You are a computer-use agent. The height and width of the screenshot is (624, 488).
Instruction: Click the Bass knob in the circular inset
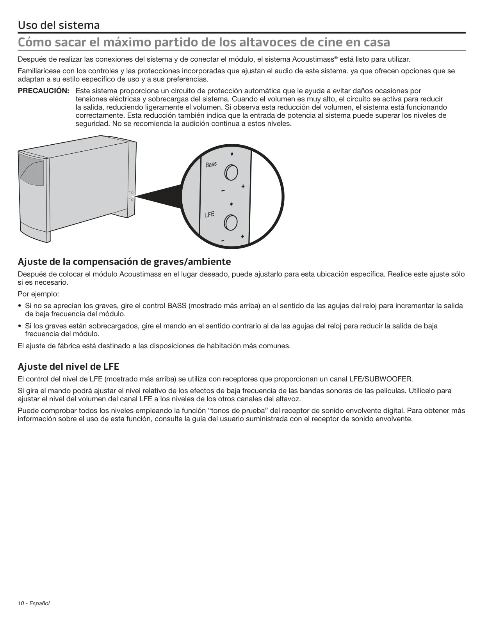pyautogui.click(x=232, y=172)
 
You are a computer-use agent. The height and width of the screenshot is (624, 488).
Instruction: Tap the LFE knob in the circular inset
pyautogui.click(x=231, y=223)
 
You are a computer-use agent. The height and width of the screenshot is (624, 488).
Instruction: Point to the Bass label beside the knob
pyautogui.click(x=211, y=165)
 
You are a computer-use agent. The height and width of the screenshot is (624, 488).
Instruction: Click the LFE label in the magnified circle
pyautogui.click(x=210, y=214)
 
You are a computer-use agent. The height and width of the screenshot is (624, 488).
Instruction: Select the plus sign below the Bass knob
pyautogui.click(x=243, y=186)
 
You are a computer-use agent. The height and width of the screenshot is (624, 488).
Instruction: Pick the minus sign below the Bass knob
pyautogui.click(x=223, y=191)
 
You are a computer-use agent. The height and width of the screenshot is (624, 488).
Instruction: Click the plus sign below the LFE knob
pyautogui.click(x=242, y=236)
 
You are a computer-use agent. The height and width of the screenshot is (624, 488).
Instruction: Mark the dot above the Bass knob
pyautogui.click(x=232, y=154)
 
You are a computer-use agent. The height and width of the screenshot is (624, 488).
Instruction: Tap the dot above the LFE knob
pyautogui.click(x=232, y=204)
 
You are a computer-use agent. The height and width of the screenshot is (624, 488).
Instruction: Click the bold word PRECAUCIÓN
pyautogui.click(x=43, y=91)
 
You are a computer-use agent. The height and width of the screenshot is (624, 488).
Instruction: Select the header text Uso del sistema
pyautogui.click(x=59, y=25)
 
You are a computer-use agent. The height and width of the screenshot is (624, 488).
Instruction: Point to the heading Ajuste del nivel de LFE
pyautogui.click(x=68, y=367)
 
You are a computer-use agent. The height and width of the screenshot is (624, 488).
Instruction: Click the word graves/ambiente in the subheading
pyautogui.click(x=196, y=262)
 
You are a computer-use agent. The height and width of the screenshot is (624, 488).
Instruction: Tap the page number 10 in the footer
pyautogui.click(x=21, y=603)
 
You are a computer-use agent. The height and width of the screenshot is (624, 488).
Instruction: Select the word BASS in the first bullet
pyautogui.click(x=177, y=306)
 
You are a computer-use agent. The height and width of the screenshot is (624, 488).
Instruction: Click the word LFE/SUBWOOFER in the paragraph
pyautogui.click(x=381, y=379)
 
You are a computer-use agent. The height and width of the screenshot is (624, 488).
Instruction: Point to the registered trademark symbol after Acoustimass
pyautogui.click(x=336, y=58)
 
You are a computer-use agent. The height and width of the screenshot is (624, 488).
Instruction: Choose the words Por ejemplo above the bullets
pyautogui.click(x=38, y=294)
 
